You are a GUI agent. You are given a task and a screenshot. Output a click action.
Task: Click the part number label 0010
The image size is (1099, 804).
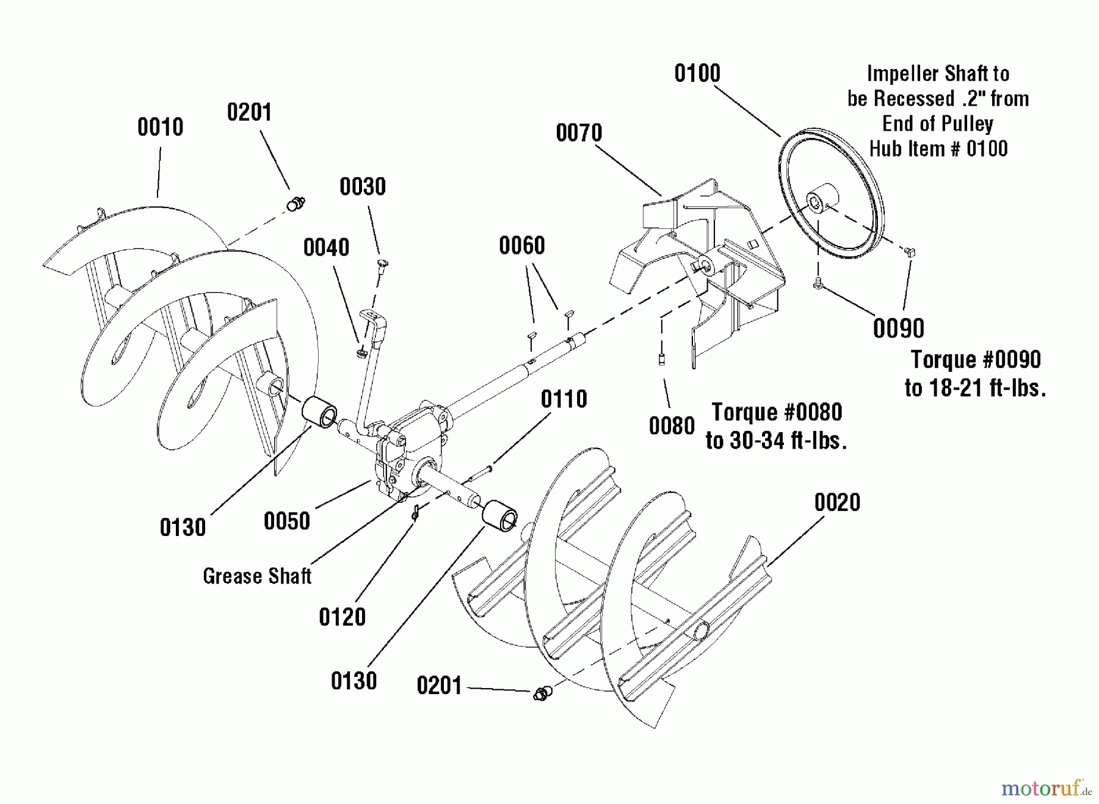160,128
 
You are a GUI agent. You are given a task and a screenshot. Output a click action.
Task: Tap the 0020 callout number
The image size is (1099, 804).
837,503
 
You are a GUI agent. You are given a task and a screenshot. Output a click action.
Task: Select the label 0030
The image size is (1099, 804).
363,187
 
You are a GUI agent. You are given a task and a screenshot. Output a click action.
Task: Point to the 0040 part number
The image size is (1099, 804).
326,248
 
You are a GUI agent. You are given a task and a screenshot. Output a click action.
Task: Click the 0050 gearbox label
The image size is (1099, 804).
286,521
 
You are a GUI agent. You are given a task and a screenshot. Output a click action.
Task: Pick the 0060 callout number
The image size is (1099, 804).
521,246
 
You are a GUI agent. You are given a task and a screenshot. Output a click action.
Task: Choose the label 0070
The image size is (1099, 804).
579,133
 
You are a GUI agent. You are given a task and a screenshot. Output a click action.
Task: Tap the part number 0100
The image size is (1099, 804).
697,74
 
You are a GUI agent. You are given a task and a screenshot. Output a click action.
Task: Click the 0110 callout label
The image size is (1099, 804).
564,399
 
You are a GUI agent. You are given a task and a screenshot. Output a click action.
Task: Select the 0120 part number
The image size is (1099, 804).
342,617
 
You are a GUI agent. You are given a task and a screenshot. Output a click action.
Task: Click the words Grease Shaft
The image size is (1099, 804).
257,576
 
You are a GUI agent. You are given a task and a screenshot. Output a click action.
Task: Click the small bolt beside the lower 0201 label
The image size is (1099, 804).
541,693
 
